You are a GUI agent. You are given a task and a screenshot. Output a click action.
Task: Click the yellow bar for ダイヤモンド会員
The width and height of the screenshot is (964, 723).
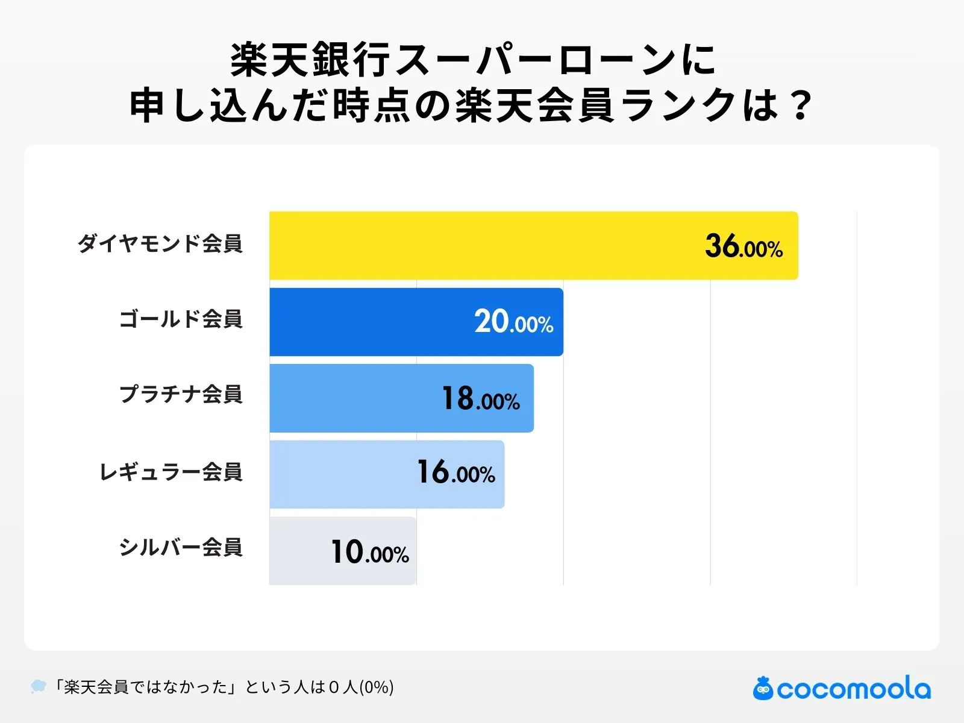coord(482,246)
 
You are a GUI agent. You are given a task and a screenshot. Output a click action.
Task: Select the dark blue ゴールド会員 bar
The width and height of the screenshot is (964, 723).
coord(374,322)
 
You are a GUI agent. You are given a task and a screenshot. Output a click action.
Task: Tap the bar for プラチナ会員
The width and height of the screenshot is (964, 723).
coord(355,398)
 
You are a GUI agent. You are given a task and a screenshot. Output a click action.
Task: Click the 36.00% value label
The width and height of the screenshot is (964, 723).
coord(743,247)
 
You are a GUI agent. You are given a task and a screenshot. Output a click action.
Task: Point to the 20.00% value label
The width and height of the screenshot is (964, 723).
coord(513,322)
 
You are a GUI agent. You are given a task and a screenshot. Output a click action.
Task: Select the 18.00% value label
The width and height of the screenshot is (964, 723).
coord(480,399)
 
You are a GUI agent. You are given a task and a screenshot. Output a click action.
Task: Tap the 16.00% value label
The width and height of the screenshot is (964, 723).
coord(456,473)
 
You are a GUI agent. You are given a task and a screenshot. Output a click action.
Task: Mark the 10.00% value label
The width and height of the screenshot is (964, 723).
coord(369,552)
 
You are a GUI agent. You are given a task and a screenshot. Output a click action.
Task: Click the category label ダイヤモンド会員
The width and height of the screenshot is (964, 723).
coord(160,243)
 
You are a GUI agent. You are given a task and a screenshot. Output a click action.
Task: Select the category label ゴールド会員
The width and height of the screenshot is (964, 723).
coord(181,319)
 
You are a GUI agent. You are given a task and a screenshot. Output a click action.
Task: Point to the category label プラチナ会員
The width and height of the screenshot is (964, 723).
coord(181,394)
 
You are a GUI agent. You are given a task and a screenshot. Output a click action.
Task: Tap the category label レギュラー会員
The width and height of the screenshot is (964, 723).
coord(171,471)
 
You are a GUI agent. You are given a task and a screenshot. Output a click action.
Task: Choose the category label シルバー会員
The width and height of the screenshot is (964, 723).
coord(181,547)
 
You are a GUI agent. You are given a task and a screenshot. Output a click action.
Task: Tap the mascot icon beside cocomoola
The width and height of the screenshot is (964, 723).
coord(763,688)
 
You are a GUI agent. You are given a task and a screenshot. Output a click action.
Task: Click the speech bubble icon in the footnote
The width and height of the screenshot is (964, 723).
coord(38,686)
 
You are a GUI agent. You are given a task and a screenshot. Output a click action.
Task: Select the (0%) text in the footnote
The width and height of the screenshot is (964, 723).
coord(377,687)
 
